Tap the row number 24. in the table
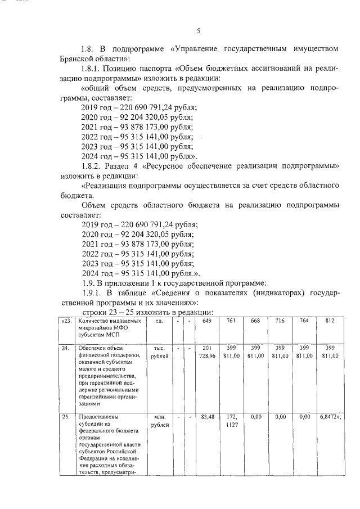[x=66, y=348]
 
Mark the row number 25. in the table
[x=66, y=417]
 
